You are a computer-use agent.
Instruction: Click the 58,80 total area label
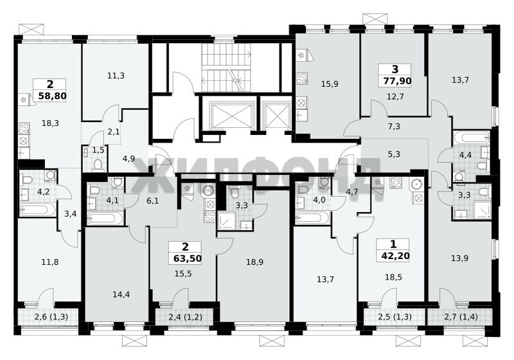(x=53, y=96)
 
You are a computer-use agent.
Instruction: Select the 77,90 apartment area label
(x=397, y=80)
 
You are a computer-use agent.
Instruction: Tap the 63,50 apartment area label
(x=187, y=258)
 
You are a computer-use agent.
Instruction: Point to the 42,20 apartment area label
(x=395, y=255)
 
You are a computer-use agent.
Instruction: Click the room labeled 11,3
(x=116, y=76)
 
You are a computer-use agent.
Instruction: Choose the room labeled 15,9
(x=330, y=84)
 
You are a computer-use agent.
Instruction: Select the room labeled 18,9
(x=254, y=262)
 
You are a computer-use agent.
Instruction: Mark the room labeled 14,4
(x=121, y=294)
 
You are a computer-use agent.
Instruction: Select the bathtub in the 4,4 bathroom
(x=472, y=137)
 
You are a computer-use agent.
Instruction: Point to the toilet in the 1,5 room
(x=98, y=165)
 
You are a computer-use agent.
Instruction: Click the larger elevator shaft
(x=233, y=116)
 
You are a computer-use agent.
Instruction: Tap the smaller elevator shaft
(x=276, y=116)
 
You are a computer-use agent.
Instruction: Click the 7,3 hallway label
(x=394, y=126)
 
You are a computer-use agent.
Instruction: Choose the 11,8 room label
(x=50, y=262)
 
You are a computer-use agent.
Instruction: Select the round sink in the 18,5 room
(x=417, y=184)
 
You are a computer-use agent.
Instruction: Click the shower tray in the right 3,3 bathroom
(x=481, y=210)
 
